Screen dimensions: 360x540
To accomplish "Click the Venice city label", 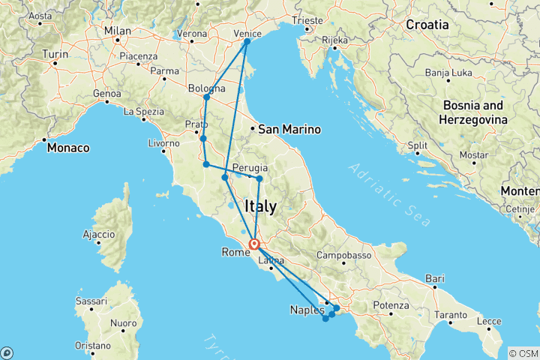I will pos(247,33).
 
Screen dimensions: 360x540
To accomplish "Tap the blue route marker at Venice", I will pos(247,42).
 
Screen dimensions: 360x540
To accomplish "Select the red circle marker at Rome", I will pos(254,244).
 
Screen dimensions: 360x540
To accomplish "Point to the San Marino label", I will pos(289,129).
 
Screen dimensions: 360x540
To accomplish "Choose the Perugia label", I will pos(247,167).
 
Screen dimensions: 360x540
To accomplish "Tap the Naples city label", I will pos(307,310).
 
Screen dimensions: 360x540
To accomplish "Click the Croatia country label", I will pos(427,25).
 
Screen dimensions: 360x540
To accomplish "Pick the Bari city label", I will pos(434,278).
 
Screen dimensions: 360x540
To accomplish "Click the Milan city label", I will pos(118,31).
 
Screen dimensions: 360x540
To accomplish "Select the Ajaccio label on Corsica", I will pos(98,235).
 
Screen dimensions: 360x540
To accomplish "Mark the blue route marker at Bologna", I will pos(206,97).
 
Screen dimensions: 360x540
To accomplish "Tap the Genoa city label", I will pos(106,93).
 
